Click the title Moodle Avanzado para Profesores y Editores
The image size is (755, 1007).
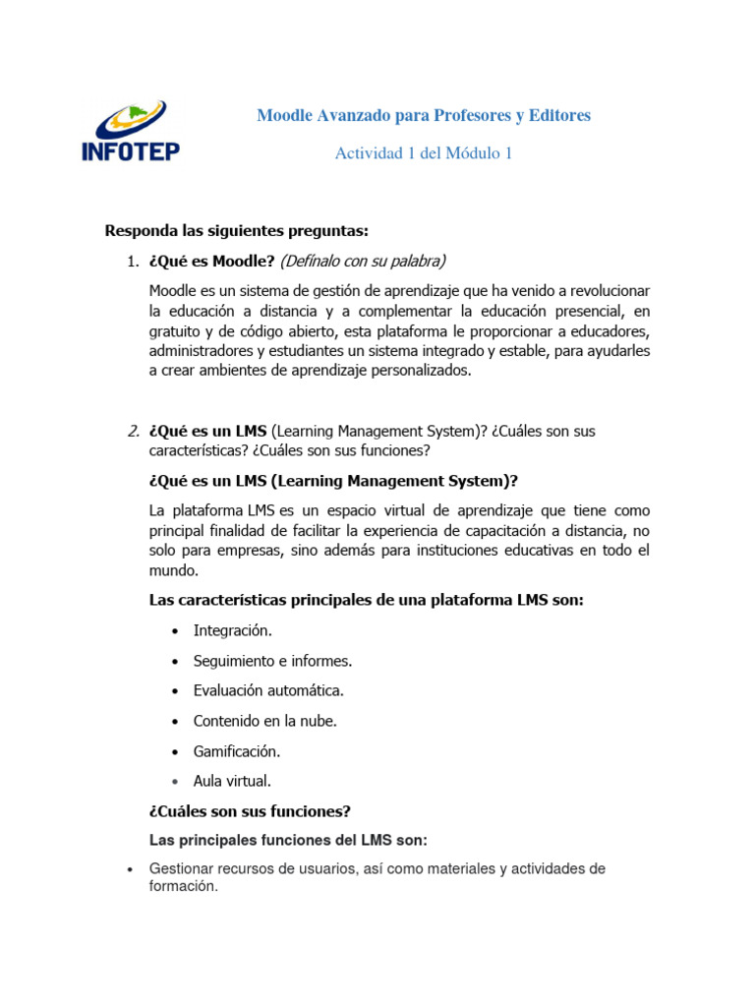(x=424, y=116)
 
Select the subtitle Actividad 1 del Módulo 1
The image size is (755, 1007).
(x=424, y=153)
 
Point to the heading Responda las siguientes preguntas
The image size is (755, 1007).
(x=236, y=231)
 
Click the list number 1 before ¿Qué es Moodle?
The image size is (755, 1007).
(x=133, y=261)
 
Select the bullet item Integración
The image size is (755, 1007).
(x=233, y=630)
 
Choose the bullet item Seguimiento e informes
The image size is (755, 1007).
(x=272, y=661)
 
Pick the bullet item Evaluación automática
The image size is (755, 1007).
(x=268, y=690)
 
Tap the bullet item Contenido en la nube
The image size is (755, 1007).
(x=264, y=721)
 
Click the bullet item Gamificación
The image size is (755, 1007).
(x=237, y=751)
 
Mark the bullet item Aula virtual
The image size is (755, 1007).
(x=232, y=781)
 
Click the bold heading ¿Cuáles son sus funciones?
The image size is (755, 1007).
(x=250, y=811)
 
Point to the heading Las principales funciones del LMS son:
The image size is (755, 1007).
(x=288, y=841)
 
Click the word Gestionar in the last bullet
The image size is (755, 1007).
(x=183, y=869)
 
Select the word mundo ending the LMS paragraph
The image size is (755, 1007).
(x=172, y=569)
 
